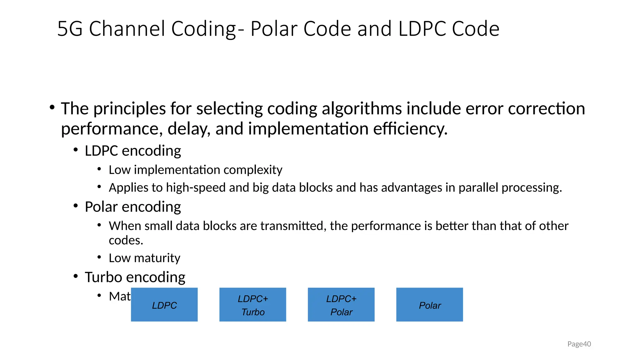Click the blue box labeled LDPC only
pyautogui.click(x=164, y=305)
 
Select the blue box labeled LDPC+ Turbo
pyautogui.click(x=252, y=305)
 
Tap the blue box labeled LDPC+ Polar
pyautogui.click(x=341, y=305)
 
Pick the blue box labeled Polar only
pyautogui.click(x=429, y=305)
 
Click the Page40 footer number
pyautogui.click(x=579, y=344)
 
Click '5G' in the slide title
pyautogui.click(x=70, y=29)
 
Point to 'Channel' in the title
pyautogui.click(x=127, y=29)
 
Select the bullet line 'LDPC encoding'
pyautogui.click(x=133, y=151)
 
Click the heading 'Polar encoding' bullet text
pyautogui.click(x=133, y=207)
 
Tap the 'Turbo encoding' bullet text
pyautogui.click(x=135, y=277)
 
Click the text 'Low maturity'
pyautogui.click(x=144, y=258)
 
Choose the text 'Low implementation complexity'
pyautogui.click(x=195, y=170)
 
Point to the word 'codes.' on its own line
pyautogui.click(x=126, y=240)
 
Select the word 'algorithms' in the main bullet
pyautogui.click(x=362, y=109)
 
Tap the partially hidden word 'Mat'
pyautogui.click(x=120, y=296)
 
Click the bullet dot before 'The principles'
pyautogui.click(x=52, y=107)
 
